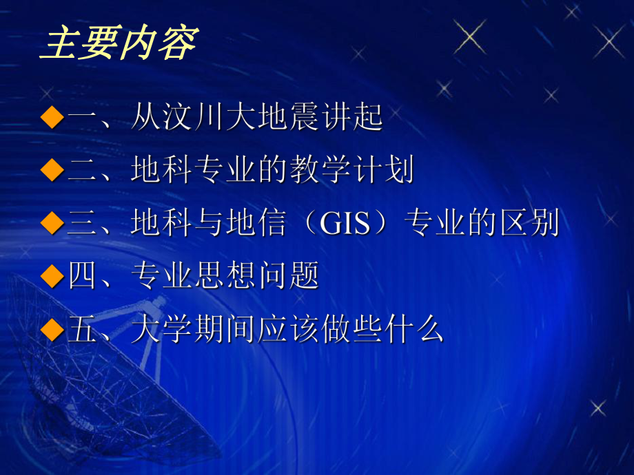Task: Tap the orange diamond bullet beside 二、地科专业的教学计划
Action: pyautogui.click(x=52, y=170)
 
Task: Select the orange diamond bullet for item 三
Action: pyautogui.click(x=52, y=223)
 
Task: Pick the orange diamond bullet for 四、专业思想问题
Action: pyautogui.click(x=52, y=276)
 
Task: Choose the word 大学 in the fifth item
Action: pyautogui.click(x=162, y=330)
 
